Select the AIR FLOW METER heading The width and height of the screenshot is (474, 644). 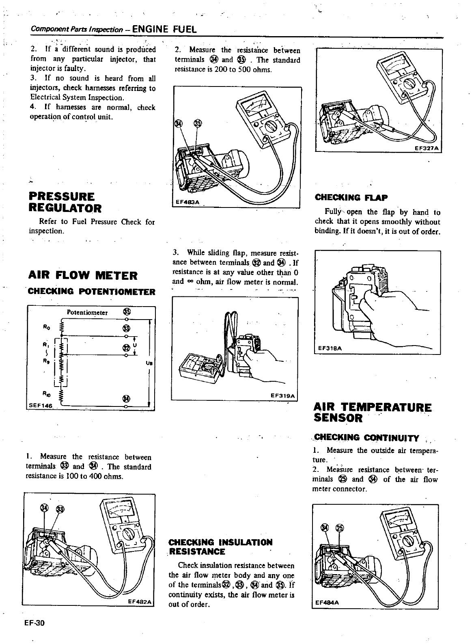[x=83, y=276]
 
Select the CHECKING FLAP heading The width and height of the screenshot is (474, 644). [x=351, y=198]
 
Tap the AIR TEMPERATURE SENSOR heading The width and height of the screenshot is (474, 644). [x=367, y=412]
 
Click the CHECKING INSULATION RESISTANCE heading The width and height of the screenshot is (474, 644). [x=220, y=547]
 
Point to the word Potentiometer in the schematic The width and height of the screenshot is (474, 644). [x=87, y=313]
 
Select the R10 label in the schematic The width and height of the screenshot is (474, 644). [x=45, y=393]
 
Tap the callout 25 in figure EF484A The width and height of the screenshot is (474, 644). [x=340, y=527]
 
